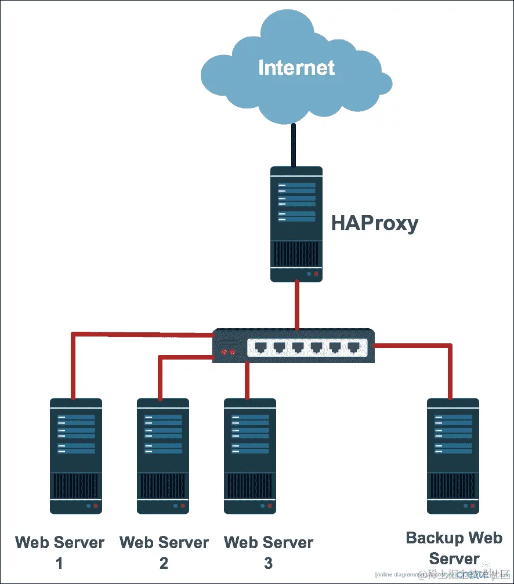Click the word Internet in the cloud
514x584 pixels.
pyautogui.click(x=296, y=67)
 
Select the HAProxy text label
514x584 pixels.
pyautogui.click(x=374, y=223)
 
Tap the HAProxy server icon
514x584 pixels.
pyautogui.click(x=296, y=224)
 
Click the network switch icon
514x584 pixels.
pyautogui.click(x=294, y=346)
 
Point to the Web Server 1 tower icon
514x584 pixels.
pyautogui.click(x=76, y=456)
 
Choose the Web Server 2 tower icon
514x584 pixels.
pyautogui.click(x=163, y=456)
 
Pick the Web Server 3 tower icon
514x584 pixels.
pyautogui.click(x=250, y=456)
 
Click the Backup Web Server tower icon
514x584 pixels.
pyautogui.click(x=453, y=456)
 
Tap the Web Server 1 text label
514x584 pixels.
pyautogui.click(x=60, y=552)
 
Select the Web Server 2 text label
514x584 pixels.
pyautogui.click(x=164, y=552)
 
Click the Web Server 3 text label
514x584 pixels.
pyautogui.click(x=269, y=552)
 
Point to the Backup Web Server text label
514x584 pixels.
pyautogui.click(x=454, y=548)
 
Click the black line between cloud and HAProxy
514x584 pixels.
pyautogui.click(x=294, y=145)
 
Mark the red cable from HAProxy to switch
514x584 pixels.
pyautogui.click(x=297, y=304)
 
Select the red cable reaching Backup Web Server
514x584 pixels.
pyautogui.click(x=450, y=371)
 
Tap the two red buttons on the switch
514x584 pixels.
pyautogui.click(x=229, y=352)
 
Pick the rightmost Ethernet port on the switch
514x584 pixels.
pyautogui.click(x=353, y=348)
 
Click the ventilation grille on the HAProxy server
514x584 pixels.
pyautogui.click(x=296, y=253)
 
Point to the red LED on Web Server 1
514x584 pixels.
pyautogui.click(x=96, y=506)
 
